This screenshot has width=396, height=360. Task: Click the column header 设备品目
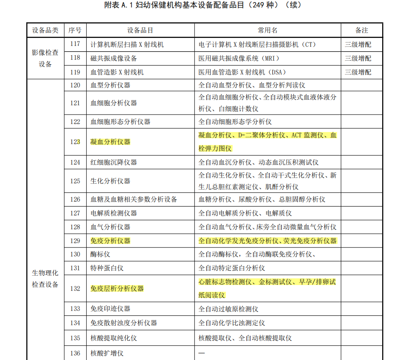140,30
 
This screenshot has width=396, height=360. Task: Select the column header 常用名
267,30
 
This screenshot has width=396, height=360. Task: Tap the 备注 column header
362,30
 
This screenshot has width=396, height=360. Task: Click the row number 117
75,45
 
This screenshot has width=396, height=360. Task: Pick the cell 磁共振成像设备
114,58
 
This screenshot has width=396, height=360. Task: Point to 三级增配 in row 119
358,72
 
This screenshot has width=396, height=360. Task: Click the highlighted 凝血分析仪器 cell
110,142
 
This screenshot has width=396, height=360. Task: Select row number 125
75,181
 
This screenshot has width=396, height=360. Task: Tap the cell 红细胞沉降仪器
113,162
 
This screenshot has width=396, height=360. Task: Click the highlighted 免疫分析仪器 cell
110,241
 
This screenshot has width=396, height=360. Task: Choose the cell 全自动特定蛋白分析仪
232,268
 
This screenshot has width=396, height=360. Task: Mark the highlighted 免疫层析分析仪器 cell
117,289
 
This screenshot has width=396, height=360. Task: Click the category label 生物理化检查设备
45,278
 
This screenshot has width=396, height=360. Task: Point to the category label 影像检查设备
45,58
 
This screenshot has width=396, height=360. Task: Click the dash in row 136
201,353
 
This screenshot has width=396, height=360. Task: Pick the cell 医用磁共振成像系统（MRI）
240,58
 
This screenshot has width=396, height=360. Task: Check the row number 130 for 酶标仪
75,254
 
